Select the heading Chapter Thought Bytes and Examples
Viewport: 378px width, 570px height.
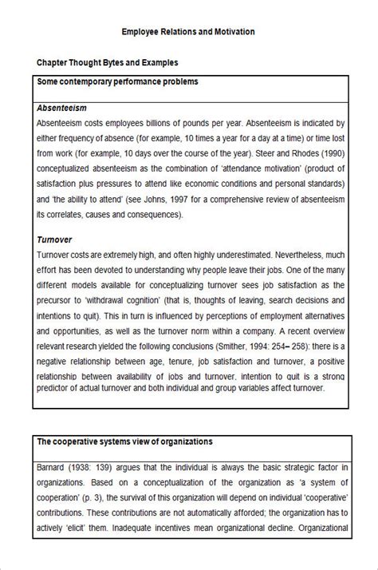point(107,62)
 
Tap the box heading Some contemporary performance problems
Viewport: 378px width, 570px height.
point(118,81)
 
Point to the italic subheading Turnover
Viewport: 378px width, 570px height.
point(55,239)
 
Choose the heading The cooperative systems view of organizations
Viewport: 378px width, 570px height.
point(124,441)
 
